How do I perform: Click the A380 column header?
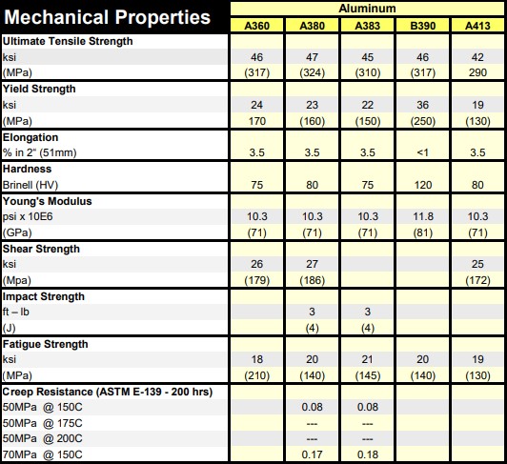tap(312, 26)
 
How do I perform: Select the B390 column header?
tap(422, 26)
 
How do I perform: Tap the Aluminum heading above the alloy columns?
tap(367, 9)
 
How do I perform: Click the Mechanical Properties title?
tap(108, 17)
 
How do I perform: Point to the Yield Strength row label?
tap(39, 89)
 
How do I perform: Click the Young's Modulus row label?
tap(48, 201)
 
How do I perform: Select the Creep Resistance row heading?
tap(108, 392)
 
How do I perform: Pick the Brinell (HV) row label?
tap(30, 185)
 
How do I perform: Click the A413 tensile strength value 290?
tap(477, 72)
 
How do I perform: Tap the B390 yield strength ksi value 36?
tap(422, 105)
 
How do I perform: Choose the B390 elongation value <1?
tap(422, 152)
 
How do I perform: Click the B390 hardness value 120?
tap(423, 185)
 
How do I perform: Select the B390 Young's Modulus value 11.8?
tap(423, 216)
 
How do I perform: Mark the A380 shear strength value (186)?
tap(312, 280)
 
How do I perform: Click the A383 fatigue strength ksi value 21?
tap(367, 359)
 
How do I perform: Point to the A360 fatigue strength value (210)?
tap(256, 375)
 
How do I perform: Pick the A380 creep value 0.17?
tap(312, 454)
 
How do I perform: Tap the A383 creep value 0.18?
tap(368, 454)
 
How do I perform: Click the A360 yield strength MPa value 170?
tap(257, 121)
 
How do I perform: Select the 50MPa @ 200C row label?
tap(42, 439)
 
